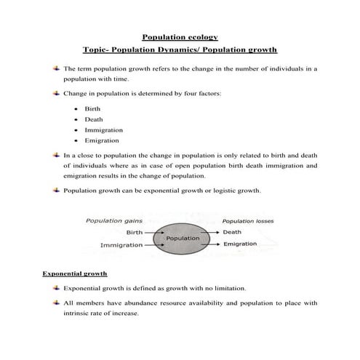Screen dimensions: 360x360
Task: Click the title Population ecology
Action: tap(180, 36)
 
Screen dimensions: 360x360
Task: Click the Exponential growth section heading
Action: tap(75, 273)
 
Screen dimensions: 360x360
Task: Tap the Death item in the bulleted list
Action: tap(94, 119)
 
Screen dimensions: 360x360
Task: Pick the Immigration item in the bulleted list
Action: tap(103, 129)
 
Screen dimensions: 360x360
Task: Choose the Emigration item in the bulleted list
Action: tap(102, 140)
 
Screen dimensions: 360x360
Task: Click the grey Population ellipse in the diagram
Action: tap(183, 238)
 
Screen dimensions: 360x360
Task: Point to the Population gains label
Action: tap(113, 220)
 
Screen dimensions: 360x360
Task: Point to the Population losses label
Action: tap(248, 220)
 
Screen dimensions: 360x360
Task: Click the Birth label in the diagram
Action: tap(135, 232)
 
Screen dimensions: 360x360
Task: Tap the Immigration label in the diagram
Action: tap(121, 245)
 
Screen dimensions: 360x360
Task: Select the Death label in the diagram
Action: tap(233, 232)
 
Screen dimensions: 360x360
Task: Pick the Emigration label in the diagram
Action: tap(241, 244)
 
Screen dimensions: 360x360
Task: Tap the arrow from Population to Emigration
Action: tap(213, 244)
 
